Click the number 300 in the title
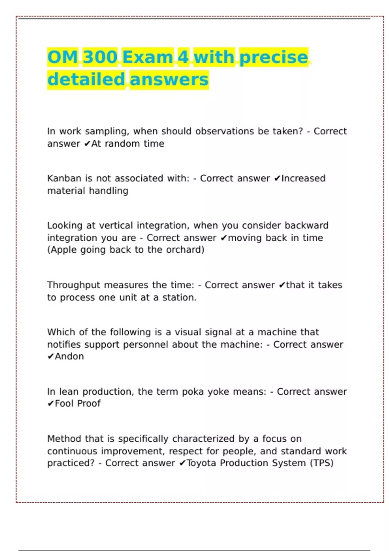click(100, 57)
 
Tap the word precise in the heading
click(274, 57)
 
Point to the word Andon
click(69, 357)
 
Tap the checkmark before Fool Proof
click(51, 404)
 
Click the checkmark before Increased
click(277, 179)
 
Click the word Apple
click(63, 250)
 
